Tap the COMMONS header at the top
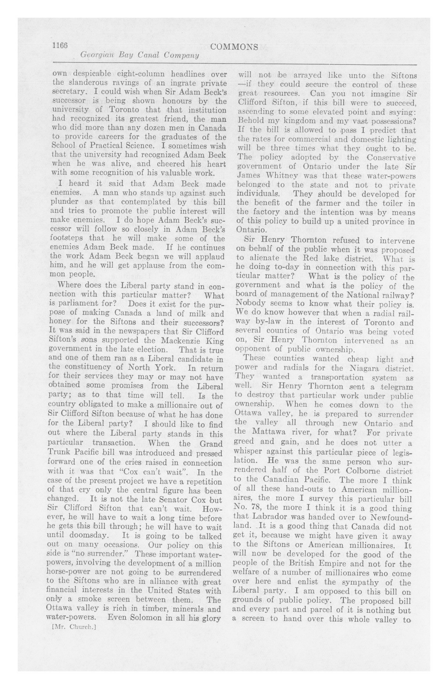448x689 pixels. point(234,47)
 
